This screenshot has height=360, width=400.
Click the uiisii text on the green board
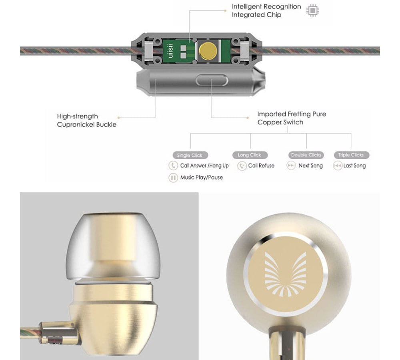click(x=170, y=51)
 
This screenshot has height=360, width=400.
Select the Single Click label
click(x=190, y=155)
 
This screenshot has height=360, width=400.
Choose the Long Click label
click(x=249, y=155)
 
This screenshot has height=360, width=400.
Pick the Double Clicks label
click(x=306, y=155)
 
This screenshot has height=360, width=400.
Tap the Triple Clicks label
click(x=351, y=155)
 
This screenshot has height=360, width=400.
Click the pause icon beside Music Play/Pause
click(x=173, y=178)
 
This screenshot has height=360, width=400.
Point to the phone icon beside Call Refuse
click(x=242, y=166)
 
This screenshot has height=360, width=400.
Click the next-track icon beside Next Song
click(x=291, y=166)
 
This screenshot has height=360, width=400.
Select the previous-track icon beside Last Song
click(x=338, y=166)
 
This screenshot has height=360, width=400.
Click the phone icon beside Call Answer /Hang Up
click(x=173, y=166)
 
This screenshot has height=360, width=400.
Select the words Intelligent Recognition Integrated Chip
click(x=266, y=11)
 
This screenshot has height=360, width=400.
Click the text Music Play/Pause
click(x=201, y=177)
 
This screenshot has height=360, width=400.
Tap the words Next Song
click(x=310, y=166)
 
